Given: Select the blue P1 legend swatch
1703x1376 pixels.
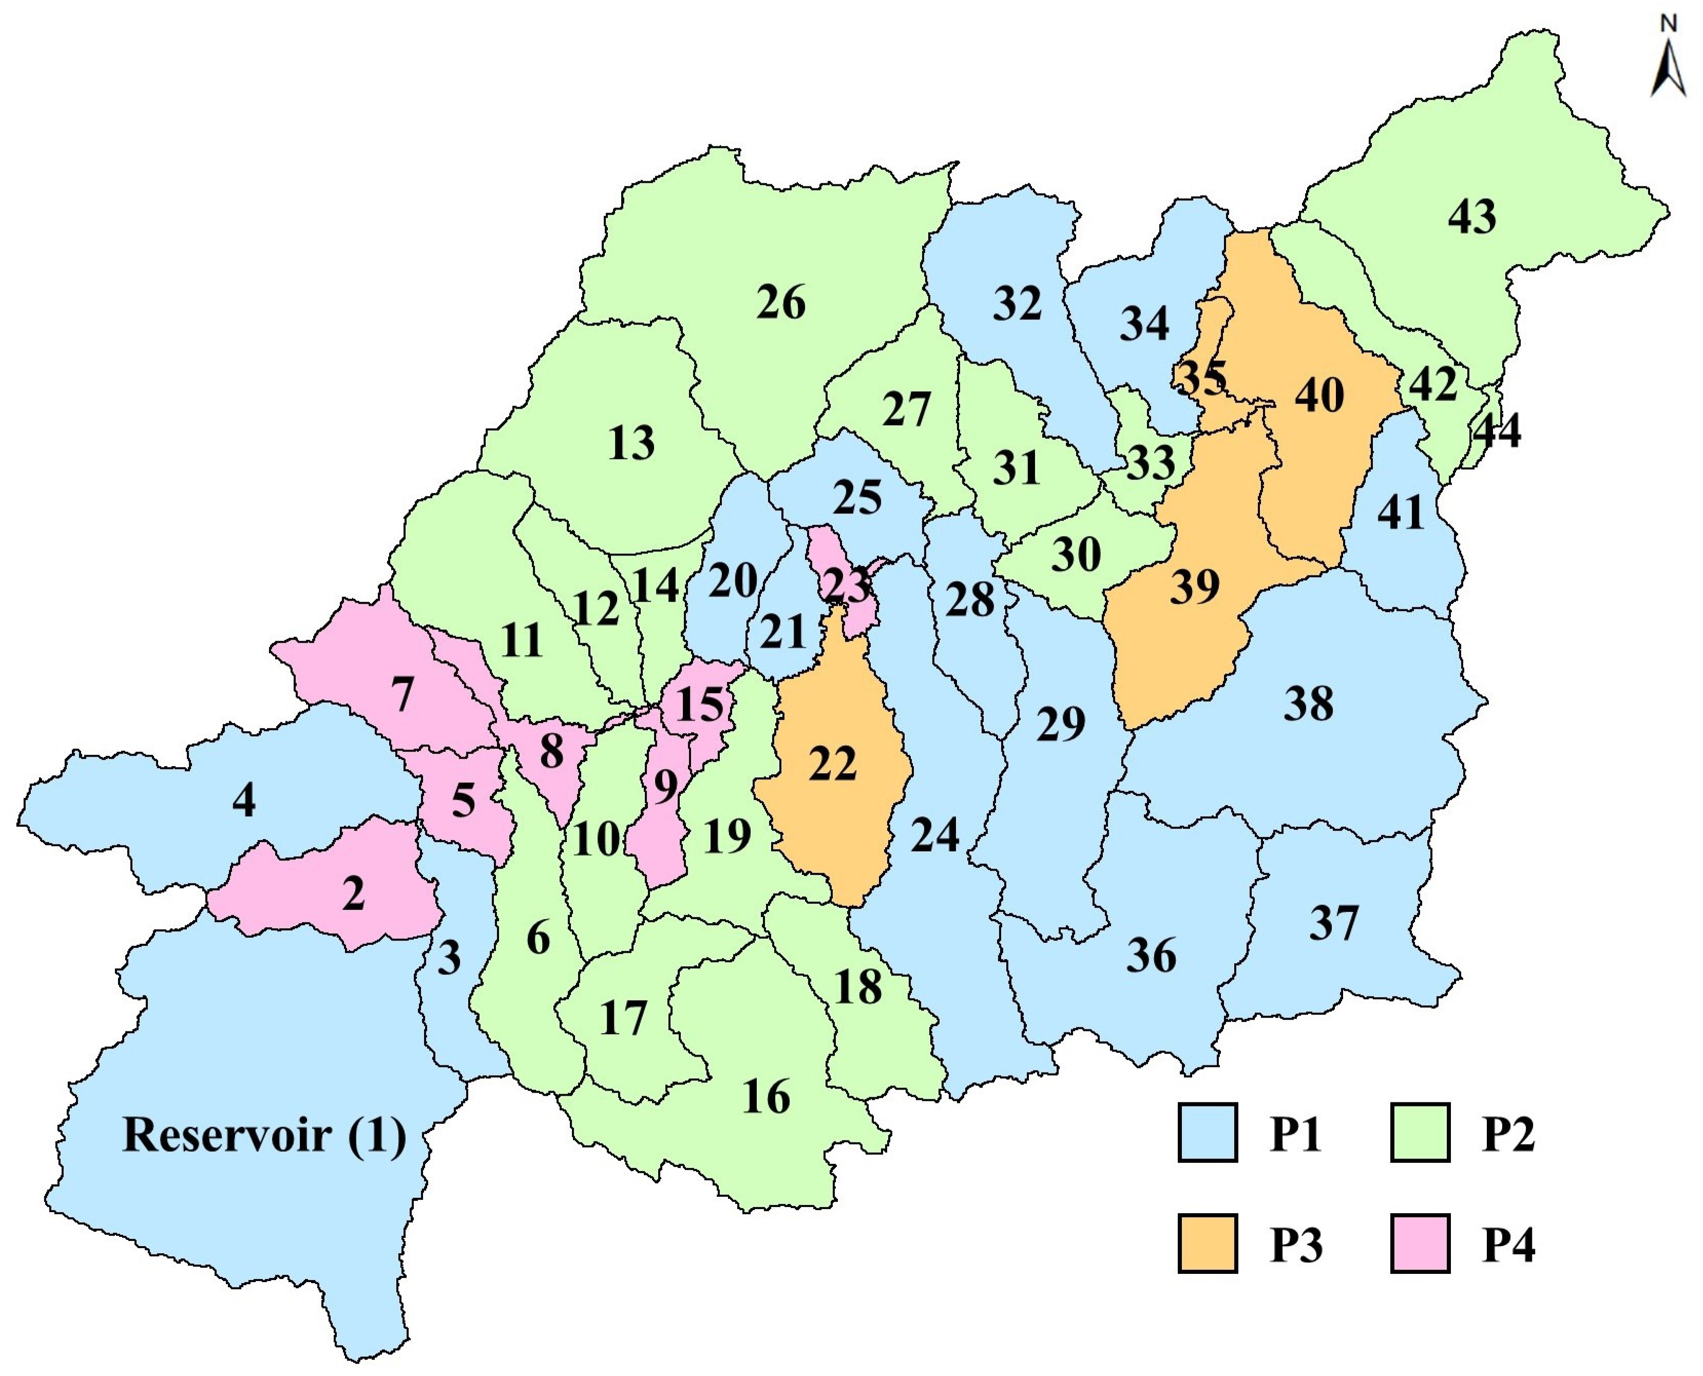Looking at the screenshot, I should [1207, 1134].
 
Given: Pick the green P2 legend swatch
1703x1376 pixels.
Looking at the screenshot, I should [1420, 1134].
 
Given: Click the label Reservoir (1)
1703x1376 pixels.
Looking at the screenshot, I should [264, 1135].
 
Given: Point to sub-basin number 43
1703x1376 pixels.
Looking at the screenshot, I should [1471, 216].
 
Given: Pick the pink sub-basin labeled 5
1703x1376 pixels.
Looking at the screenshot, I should [464, 800].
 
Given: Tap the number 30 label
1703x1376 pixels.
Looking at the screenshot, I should [1076, 554].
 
